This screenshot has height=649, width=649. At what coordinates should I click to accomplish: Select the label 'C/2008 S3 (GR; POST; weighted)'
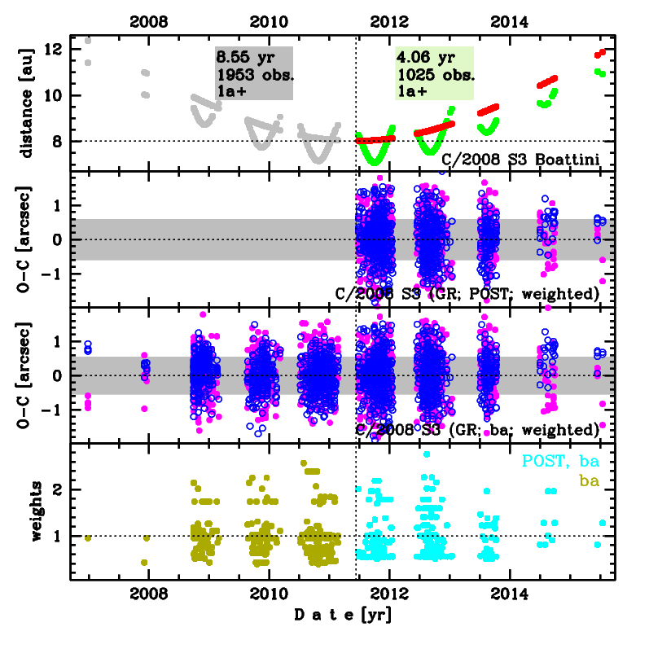point(468,293)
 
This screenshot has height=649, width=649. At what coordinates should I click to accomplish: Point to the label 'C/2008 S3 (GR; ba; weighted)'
point(478,429)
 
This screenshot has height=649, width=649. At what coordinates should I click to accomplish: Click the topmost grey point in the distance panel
point(88,40)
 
